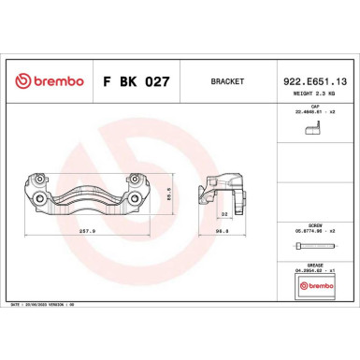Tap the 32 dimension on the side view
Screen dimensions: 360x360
coord(223,213)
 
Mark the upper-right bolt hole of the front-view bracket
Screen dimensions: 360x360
coord(137,180)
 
